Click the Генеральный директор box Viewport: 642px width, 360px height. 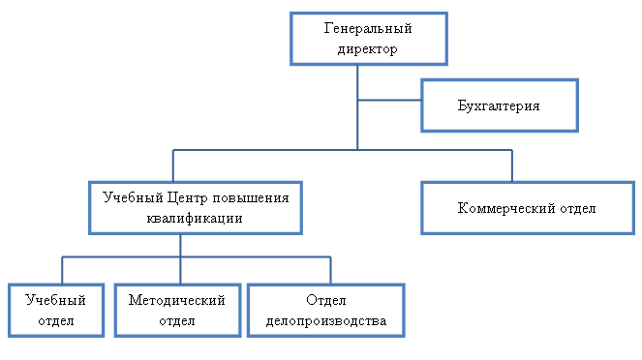pos(359,39)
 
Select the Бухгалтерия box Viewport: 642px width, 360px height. pos(499,105)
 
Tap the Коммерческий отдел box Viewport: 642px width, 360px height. pos(526,207)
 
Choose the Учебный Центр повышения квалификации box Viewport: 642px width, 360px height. pos(196,207)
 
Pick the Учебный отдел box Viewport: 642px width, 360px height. pos(55,310)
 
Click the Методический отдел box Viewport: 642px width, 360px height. pos(176,310)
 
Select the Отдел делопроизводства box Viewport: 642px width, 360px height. pos(326,310)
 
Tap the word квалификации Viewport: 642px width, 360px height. pos(196,218)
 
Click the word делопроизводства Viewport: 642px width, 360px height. pos(326,320)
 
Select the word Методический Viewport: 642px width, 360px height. pos(176,300)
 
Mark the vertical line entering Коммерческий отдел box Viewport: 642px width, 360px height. pos(512,165)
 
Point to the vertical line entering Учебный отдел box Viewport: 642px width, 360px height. pos(63,269)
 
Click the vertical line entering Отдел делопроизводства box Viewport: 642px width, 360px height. pos(330,269)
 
